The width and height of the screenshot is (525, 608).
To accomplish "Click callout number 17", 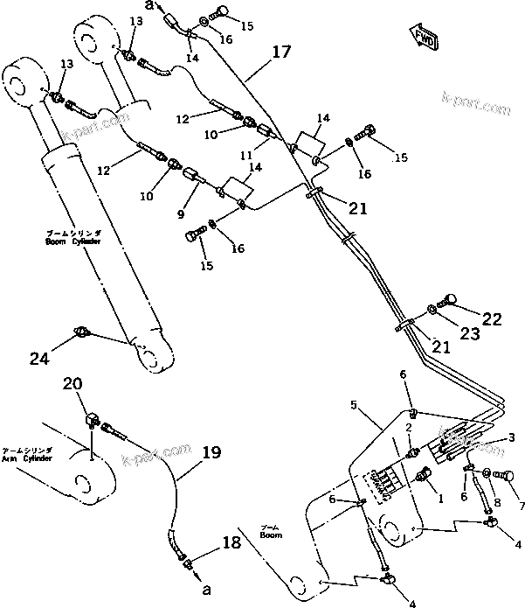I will pyautogui.click(x=280, y=52).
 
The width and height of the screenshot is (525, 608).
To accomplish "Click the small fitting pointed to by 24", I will pyautogui.click(x=81, y=331).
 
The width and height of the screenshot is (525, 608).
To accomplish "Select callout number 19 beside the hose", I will pyautogui.click(x=211, y=453).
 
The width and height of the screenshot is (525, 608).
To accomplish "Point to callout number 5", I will pyautogui.click(x=354, y=405).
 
